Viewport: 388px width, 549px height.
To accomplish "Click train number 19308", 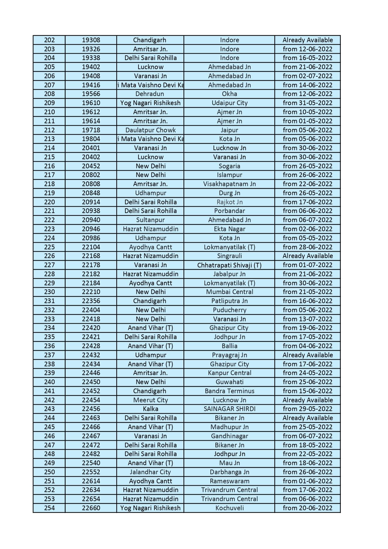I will [91, 40].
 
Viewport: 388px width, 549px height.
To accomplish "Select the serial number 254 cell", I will [49, 508].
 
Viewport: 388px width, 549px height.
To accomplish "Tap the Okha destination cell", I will [229, 94].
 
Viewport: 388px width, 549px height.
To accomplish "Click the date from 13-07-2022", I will [307, 319].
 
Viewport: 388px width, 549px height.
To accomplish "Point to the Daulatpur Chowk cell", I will [150, 130].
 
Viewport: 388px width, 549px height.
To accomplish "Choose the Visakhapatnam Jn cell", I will [229, 184].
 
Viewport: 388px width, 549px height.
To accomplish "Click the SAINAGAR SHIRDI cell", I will [229, 409].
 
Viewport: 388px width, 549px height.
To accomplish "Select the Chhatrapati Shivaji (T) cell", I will [229, 265].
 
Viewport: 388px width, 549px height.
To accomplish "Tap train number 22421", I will [91, 337].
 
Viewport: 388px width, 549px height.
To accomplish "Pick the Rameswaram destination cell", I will [229, 481].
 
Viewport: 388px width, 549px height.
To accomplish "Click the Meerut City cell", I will [150, 400].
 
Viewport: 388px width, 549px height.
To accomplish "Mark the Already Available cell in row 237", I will [307, 355].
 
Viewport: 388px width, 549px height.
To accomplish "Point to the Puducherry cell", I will [229, 310].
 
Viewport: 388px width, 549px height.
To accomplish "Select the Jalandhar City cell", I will [150, 472].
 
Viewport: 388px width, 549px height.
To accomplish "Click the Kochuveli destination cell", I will [229, 508].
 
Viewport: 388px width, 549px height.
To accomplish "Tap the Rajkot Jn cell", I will [229, 202].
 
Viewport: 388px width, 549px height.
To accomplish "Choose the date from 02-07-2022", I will [307, 76].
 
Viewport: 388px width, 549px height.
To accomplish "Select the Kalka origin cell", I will [150, 409].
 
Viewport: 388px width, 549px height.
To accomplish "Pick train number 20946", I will [91, 229].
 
